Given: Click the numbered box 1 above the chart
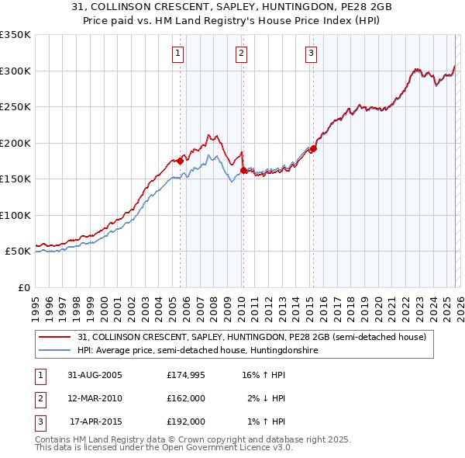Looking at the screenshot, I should (x=178, y=54).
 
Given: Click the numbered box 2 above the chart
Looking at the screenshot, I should (x=242, y=54).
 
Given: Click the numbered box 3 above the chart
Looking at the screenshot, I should (x=311, y=54).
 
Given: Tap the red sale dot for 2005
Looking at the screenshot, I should (x=181, y=161).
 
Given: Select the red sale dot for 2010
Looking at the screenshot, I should (x=243, y=170).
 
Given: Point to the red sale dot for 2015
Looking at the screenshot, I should (x=313, y=148).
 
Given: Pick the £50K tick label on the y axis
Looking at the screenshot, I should (x=18, y=252).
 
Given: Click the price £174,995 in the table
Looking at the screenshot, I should (x=186, y=375).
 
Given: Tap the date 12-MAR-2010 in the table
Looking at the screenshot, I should (x=95, y=398).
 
